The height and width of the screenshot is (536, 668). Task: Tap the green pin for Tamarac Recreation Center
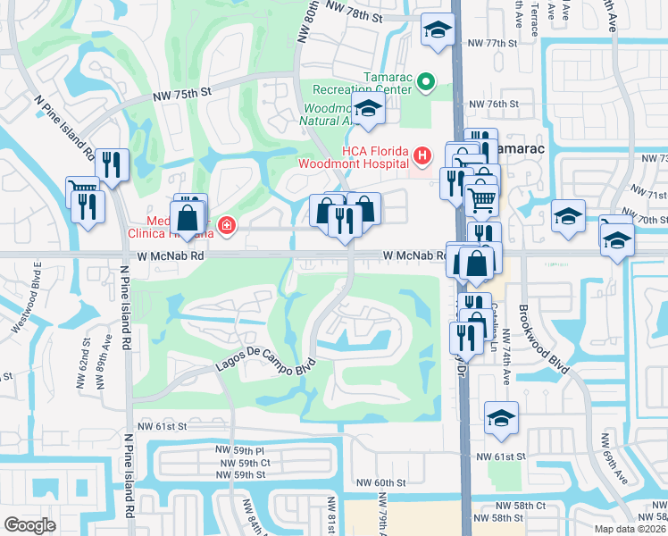(x=425, y=84)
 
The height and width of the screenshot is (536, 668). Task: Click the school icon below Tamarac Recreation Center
(x=367, y=112)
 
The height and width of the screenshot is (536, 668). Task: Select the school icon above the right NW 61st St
(x=502, y=417)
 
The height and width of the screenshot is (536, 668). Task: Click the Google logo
(x=29, y=525)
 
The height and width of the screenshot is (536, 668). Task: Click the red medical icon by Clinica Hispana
(x=228, y=225)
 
